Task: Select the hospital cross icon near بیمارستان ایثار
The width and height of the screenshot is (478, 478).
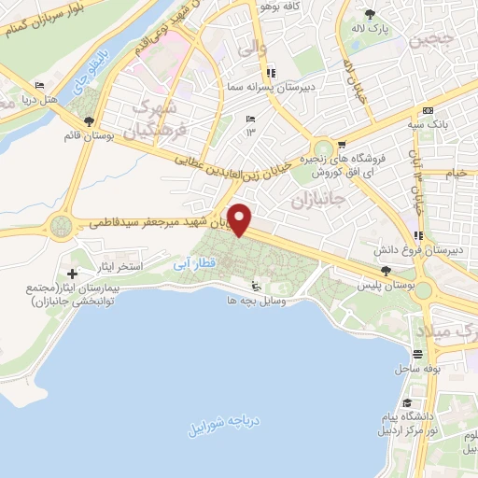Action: (73, 273)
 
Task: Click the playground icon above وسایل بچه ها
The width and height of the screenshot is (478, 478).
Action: (259, 287)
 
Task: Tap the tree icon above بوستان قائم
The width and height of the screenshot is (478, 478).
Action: (89, 121)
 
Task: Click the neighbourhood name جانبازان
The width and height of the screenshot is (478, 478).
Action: (318, 200)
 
